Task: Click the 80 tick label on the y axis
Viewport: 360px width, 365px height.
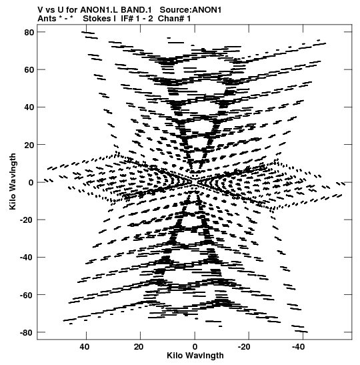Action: [29, 32]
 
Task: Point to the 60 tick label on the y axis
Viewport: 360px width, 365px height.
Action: [29, 70]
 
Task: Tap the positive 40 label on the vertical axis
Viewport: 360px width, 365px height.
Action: [29, 107]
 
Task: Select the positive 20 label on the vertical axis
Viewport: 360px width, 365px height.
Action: [29, 145]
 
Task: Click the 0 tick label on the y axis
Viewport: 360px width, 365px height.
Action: [31, 182]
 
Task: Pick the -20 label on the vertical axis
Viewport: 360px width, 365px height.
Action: [27, 220]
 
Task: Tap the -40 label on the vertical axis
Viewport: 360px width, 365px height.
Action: [27, 258]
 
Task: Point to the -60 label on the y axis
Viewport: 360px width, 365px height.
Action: [27, 295]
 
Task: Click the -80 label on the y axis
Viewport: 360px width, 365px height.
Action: [27, 332]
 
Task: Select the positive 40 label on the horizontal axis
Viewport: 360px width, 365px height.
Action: [84, 347]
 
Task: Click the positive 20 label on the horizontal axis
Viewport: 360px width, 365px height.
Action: [139, 347]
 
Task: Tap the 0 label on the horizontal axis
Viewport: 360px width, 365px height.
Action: [195, 347]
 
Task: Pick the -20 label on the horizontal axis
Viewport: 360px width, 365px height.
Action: [244, 347]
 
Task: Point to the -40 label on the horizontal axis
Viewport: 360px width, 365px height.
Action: [299, 347]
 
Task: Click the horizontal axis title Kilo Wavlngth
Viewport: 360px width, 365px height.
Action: [195, 356]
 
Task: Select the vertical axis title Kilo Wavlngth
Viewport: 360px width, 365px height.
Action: [13, 181]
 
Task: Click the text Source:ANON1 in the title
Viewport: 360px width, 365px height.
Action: [191, 10]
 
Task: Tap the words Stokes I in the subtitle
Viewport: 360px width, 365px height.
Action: [99, 19]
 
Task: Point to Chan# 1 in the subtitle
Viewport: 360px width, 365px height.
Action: [174, 19]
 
